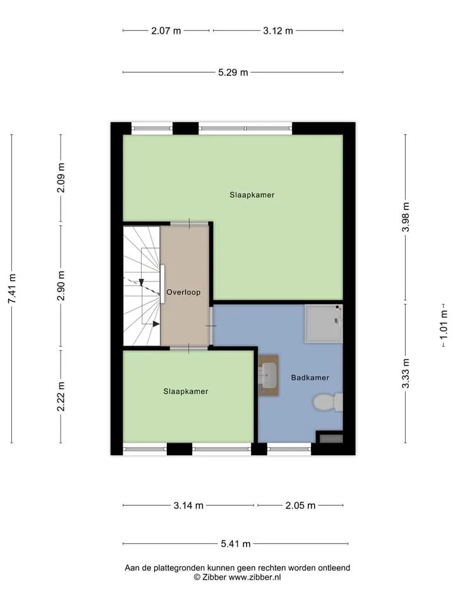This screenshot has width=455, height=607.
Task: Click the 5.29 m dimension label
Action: point(233,72)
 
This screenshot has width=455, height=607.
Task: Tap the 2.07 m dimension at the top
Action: point(166,31)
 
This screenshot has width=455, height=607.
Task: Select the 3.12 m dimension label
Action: point(278,31)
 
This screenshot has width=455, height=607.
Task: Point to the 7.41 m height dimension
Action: point(12,288)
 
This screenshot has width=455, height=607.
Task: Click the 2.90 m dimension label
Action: point(61,286)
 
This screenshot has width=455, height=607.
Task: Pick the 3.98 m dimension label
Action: point(406,217)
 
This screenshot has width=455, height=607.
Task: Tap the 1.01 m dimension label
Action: point(444,325)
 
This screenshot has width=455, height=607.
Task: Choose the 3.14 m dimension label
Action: point(188,506)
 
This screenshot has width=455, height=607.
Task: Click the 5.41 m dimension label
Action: point(236,544)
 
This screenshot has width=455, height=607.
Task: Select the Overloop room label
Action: point(183,292)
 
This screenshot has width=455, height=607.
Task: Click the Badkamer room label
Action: point(310,377)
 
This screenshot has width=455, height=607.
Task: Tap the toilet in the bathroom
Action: point(328,402)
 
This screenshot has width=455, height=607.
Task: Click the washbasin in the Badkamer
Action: point(268,376)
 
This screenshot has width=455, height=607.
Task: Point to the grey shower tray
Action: point(324,324)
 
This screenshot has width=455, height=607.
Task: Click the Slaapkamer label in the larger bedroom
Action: point(252,195)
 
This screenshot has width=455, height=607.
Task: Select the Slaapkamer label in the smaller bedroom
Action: point(186,391)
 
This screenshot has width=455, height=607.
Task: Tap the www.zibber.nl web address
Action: point(255,577)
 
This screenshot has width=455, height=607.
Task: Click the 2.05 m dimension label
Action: point(300,506)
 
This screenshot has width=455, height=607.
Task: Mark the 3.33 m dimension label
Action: point(406,373)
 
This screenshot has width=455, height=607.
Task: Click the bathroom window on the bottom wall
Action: point(289,449)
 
